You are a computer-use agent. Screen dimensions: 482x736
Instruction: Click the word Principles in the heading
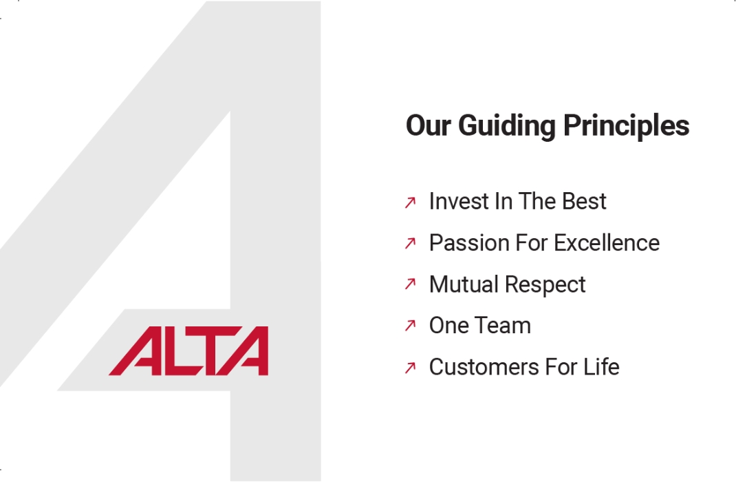click(626, 127)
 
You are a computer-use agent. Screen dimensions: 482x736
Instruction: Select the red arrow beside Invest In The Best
click(411, 202)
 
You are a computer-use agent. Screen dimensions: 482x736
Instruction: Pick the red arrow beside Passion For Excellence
click(411, 244)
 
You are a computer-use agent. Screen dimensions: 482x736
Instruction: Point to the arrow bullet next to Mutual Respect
click(411, 284)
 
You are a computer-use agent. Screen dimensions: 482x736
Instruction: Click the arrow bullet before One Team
click(411, 326)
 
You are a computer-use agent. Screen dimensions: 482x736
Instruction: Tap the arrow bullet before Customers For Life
click(411, 368)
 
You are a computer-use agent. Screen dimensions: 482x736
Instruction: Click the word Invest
click(453, 202)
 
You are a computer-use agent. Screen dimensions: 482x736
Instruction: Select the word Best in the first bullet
click(584, 202)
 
